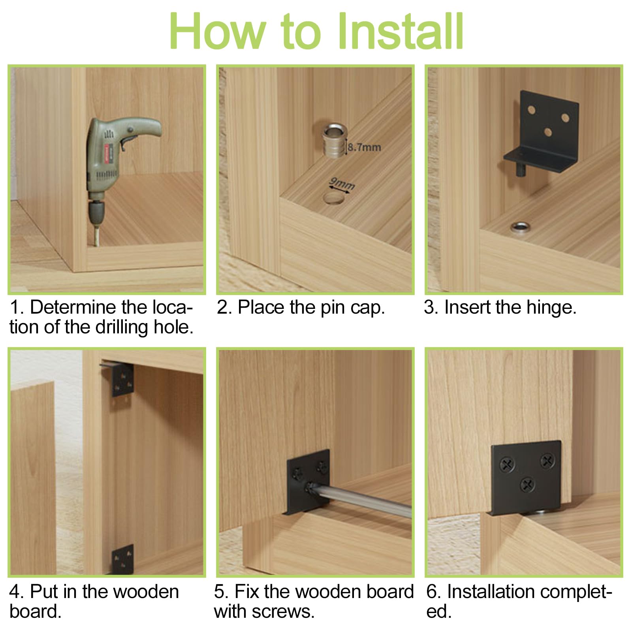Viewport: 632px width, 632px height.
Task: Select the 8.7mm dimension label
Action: tap(364, 147)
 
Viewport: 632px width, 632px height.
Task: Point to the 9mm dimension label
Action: tap(342, 184)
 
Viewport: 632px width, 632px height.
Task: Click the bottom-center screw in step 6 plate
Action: tap(528, 484)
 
